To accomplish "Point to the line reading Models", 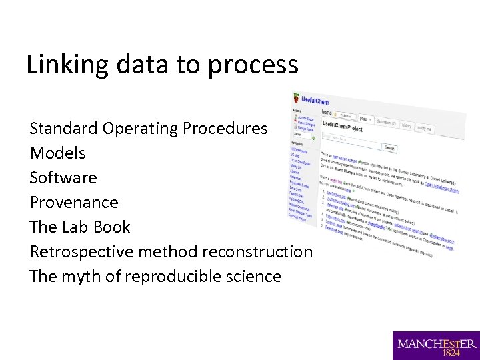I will coord(58,153).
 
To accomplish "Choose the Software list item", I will coord(63,177).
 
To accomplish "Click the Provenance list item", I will coord(74,202).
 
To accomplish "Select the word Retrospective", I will coord(81,252).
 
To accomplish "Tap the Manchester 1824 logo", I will coord(436,345).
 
